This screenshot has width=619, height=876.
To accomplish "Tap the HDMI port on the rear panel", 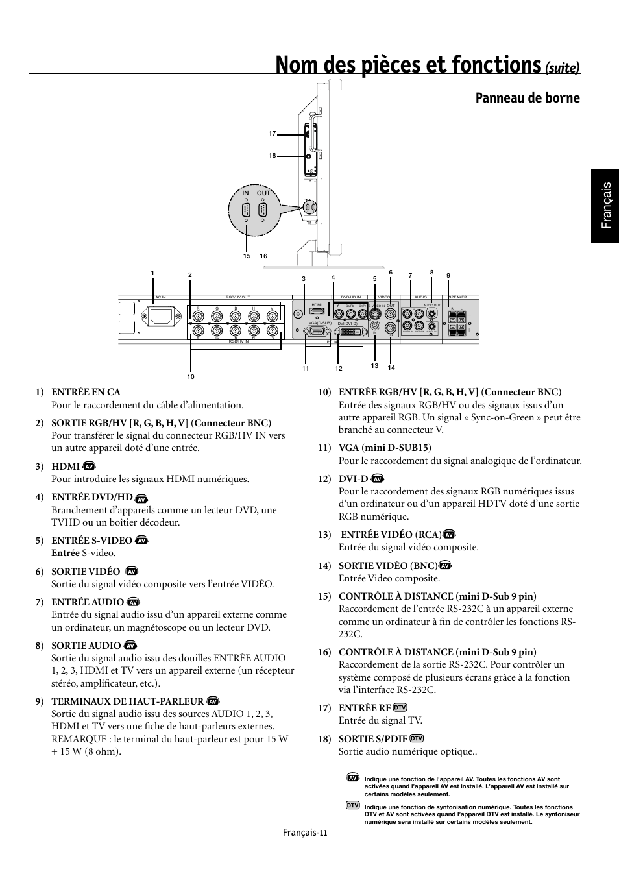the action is (x=317, y=311).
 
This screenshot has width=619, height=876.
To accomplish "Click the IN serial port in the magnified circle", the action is (x=246, y=210).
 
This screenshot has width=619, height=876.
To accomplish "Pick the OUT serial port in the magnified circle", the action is (x=263, y=210).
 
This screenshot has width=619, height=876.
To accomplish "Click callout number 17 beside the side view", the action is (x=273, y=134).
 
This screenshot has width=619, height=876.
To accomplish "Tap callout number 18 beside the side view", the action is (x=273, y=155).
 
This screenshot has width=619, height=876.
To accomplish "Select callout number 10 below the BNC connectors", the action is (x=191, y=376).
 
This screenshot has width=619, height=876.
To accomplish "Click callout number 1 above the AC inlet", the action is (x=153, y=273).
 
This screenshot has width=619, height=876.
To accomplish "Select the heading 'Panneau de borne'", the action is (x=528, y=98).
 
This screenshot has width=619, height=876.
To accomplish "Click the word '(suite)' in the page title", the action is (x=562, y=68).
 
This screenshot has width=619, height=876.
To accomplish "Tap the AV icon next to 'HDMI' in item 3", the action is (x=90, y=467).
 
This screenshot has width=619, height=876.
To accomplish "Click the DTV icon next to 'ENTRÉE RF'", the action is (x=400, y=707).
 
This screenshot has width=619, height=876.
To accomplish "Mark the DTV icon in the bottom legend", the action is (x=352, y=805).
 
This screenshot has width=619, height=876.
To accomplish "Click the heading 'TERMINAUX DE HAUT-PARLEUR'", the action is (x=128, y=701).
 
